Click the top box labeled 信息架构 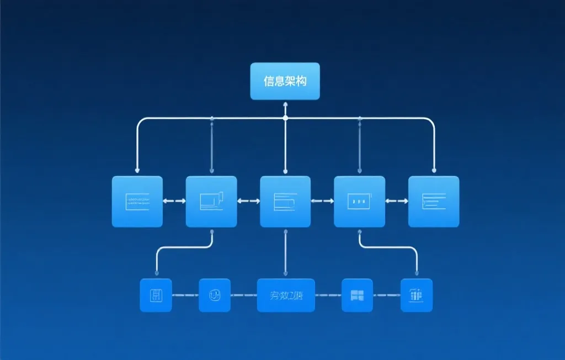tap(285, 81)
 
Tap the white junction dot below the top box tap(285, 118)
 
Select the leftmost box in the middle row tap(137, 202)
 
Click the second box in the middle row tap(211, 202)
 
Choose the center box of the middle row tap(285, 202)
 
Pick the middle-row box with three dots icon tap(359, 202)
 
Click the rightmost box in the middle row tap(433, 202)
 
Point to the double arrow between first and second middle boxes tap(174, 202)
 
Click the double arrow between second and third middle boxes tap(248, 202)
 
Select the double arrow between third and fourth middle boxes tap(322, 202)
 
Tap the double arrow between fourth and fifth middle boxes tap(396, 202)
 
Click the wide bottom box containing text tap(286, 295)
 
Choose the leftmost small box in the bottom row tap(156, 295)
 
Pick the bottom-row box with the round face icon tap(215, 295)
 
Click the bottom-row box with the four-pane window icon tap(357, 295)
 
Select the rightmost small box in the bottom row tap(417, 295)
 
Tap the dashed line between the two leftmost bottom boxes tap(185, 295)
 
